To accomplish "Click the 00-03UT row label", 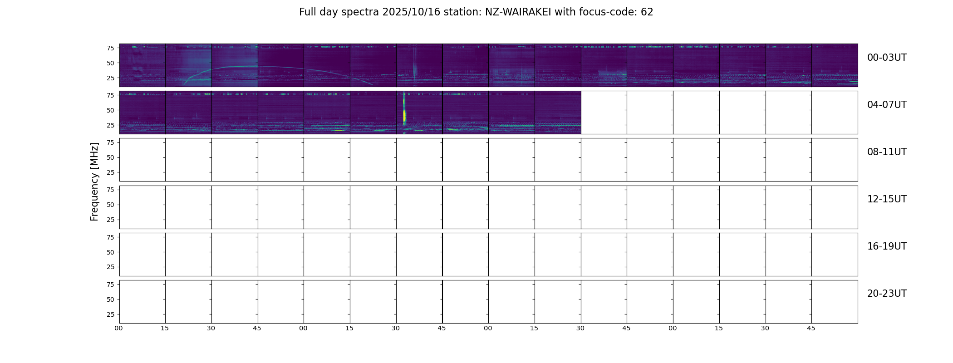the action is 887,58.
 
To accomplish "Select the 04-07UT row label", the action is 887,105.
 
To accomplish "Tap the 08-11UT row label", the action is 887,152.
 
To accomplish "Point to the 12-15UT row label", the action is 887,199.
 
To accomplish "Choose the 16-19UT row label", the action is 887,246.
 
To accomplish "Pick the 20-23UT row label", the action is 887,294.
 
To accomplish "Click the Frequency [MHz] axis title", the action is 94,181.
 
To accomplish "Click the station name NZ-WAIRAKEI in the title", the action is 518,12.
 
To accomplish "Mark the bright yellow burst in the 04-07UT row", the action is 404,112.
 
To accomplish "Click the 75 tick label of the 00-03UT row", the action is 110,48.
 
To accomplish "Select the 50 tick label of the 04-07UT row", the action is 110,110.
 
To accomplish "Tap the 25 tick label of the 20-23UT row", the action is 110,314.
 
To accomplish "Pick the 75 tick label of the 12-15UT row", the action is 110,190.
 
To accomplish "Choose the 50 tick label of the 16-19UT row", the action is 110,252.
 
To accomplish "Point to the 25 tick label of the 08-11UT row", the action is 110,172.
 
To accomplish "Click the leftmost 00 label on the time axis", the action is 119,328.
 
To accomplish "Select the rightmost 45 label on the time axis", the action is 811,328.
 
